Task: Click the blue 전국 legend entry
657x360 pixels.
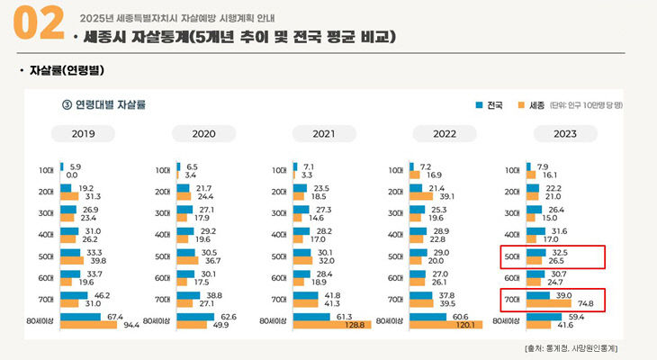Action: pos(490,105)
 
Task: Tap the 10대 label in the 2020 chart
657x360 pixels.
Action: pos(163,170)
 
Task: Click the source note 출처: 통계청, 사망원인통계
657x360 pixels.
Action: pos(576,346)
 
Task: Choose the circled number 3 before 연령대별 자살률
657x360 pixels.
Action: pos(66,104)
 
